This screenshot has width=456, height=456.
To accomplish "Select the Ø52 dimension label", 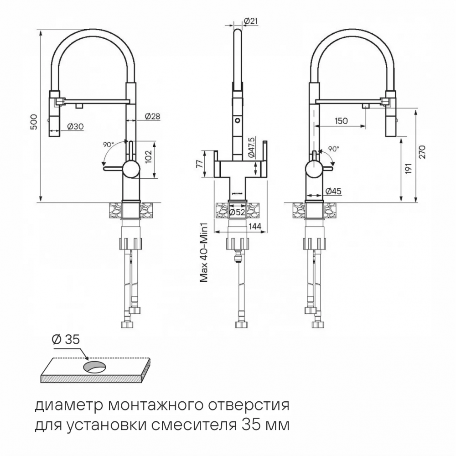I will click(237, 212).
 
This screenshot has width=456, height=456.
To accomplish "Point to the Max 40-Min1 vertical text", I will click(204, 253).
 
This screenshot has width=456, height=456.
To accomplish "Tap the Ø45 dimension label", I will click(333, 191).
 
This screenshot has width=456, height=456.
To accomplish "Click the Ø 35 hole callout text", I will click(66, 340).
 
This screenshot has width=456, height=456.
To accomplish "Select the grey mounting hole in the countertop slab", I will click(94, 367).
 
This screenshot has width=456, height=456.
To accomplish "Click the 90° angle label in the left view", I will click(108, 145).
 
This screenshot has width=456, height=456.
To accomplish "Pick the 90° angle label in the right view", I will click(334, 149).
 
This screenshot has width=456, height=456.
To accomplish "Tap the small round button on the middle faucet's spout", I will click(237, 120).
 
